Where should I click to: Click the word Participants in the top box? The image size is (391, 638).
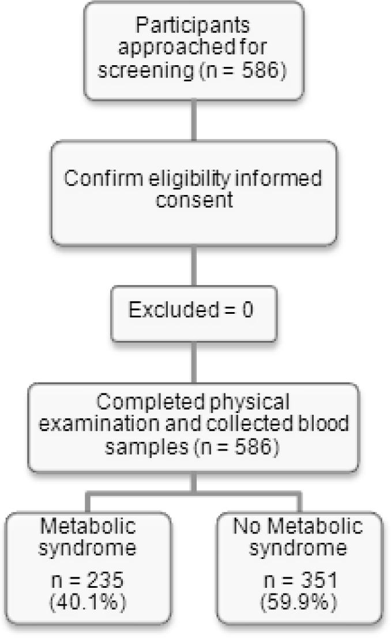tap(194, 27)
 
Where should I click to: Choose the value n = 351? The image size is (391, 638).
tap(298, 580)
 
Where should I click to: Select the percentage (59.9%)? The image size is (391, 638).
tap(298, 603)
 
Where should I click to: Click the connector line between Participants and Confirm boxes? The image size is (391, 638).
tap(194, 122)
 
